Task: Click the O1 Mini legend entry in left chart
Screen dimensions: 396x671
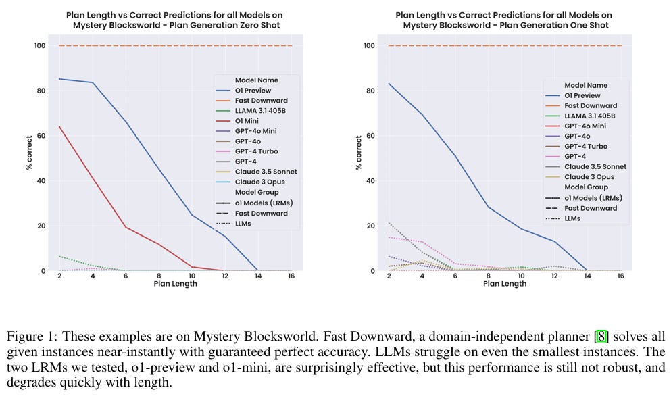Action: tap(247, 121)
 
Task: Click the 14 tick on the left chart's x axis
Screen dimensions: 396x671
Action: tap(258, 275)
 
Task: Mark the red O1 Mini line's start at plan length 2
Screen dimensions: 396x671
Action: tap(59, 126)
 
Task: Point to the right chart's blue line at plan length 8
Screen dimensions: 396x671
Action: tap(488, 207)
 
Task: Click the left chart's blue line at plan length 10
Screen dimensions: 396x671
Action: tap(192, 215)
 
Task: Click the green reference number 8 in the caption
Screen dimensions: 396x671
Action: tap(597, 336)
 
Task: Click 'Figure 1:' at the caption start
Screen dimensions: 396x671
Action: tap(28, 336)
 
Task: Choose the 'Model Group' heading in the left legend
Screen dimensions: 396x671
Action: tap(257, 193)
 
